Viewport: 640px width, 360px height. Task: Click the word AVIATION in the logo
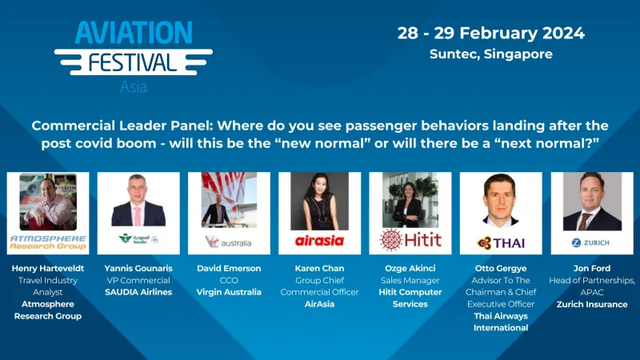pyautogui.click(x=134, y=32)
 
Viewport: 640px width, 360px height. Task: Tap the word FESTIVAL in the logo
pyautogui.click(x=134, y=62)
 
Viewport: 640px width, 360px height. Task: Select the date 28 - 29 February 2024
pyautogui.click(x=491, y=34)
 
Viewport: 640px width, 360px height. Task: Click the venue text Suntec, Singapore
pyautogui.click(x=491, y=54)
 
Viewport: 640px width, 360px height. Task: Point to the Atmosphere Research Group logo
pyautogui.click(x=47, y=241)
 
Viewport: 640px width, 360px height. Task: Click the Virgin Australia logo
pyautogui.click(x=228, y=241)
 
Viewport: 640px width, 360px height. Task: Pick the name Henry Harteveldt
pyautogui.click(x=47, y=268)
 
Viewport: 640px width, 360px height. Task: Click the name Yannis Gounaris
pyautogui.click(x=138, y=268)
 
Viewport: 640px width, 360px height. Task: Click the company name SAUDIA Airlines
pyautogui.click(x=138, y=292)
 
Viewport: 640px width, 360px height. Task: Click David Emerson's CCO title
pyautogui.click(x=228, y=280)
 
